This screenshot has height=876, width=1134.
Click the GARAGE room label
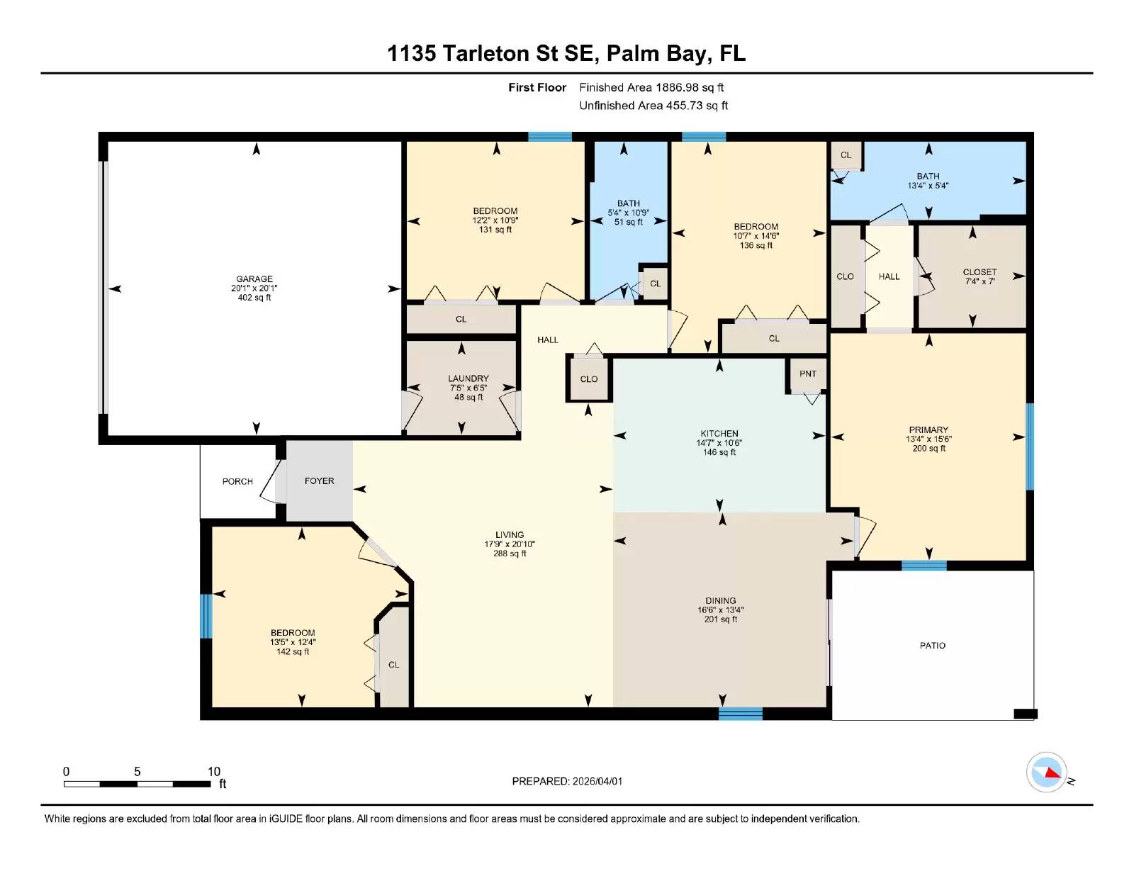pyautogui.click(x=254, y=279)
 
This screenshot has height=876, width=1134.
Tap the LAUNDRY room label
pyautogui.click(x=468, y=378)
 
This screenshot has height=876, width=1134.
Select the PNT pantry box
pyautogui.click(x=807, y=374)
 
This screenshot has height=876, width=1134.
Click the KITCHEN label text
pyautogui.click(x=719, y=434)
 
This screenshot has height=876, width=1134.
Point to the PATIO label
pyautogui.click(x=932, y=646)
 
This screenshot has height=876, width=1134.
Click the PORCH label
pyautogui.click(x=237, y=481)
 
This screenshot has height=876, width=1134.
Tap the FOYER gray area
pyautogui.click(x=319, y=481)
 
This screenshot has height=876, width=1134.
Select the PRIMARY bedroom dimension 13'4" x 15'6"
pyautogui.click(x=928, y=439)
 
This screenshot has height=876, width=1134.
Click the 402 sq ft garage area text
pyautogui.click(x=254, y=298)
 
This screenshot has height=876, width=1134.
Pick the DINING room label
pyautogui.click(x=721, y=600)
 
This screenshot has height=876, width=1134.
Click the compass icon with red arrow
pyautogui.click(x=1046, y=773)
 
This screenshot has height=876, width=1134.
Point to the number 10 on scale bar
pyautogui.click(x=214, y=772)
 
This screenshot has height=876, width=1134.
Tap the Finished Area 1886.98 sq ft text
pyautogui.click(x=651, y=88)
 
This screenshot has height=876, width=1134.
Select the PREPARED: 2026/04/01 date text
pyautogui.click(x=567, y=781)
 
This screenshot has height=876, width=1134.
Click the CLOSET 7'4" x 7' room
pyautogui.click(x=979, y=276)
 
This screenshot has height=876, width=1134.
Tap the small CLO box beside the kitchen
pyautogui.click(x=589, y=379)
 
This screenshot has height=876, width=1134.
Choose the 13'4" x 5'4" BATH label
pyautogui.click(x=928, y=181)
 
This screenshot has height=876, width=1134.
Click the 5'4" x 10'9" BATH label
pyautogui.click(x=628, y=213)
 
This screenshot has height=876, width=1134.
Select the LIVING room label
pyautogui.click(x=510, y=535)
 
